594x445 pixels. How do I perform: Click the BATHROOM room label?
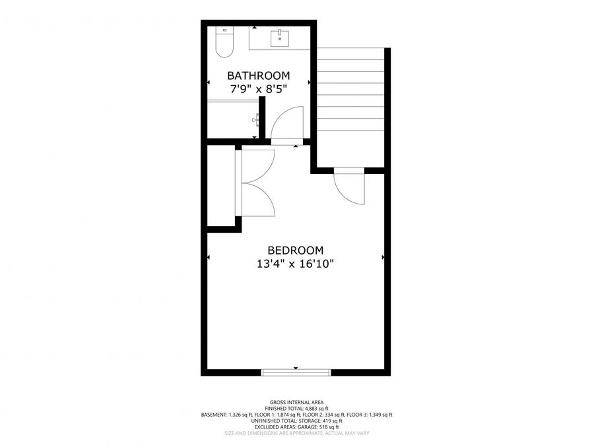[x=258, y=75]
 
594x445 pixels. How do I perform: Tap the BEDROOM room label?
[x=295, y=251]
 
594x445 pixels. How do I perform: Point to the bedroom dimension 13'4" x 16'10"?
[x=295, y=264]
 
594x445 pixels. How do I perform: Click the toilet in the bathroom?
[x=224, y=42]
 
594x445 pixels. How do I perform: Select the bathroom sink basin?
[x=281, y=36]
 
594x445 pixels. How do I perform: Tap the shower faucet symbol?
[x=256, y=119]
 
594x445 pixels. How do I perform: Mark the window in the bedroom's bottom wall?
[x=296, y=372]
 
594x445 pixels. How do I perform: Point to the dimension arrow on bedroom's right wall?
[x=383, y=256]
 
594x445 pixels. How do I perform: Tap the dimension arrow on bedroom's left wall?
[x=209, y=256]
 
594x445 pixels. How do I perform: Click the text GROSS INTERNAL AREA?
[x=296, y=402]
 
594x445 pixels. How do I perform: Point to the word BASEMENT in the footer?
[x=214, y=415]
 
